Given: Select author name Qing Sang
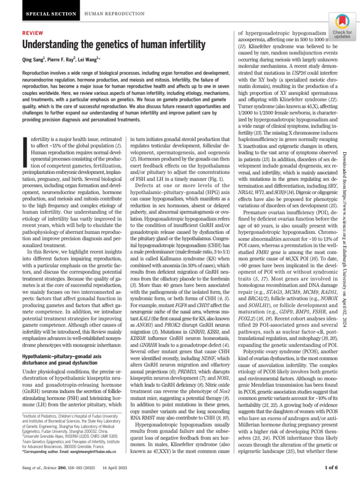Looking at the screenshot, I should pyautogui.click(x=36, y=60).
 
